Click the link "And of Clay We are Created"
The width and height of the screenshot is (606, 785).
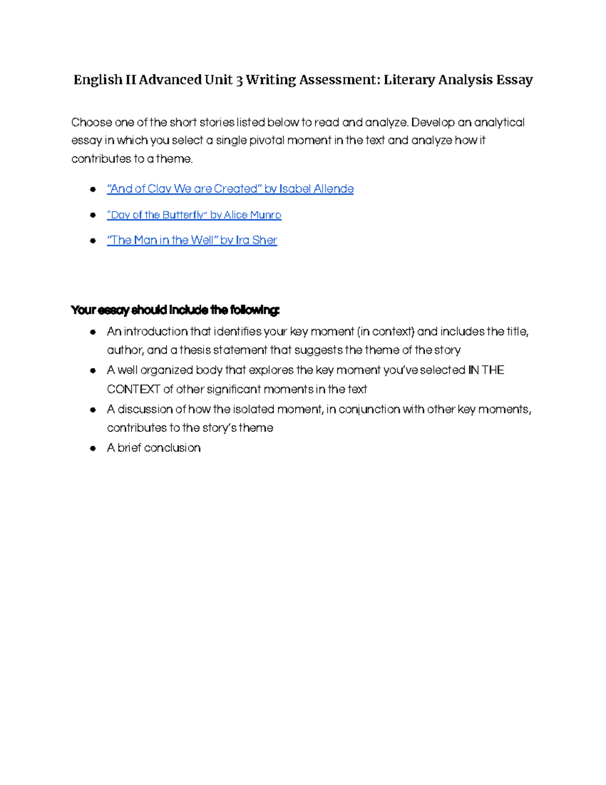pos(230,189)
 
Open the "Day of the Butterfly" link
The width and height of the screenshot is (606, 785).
pos(194,215)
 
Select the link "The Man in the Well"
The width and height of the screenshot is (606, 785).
pos(192,240)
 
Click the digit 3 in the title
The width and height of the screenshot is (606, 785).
pos(239,80)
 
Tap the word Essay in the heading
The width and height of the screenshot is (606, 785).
pos(514,80)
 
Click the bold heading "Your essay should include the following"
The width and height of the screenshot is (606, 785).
pos(175,310)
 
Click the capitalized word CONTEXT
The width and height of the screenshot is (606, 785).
pos(133,389)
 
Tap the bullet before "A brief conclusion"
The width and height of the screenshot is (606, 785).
pos(93,448)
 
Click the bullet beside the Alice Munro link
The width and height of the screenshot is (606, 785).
pos(93,215)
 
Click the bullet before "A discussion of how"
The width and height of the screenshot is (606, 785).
pos(93,410)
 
